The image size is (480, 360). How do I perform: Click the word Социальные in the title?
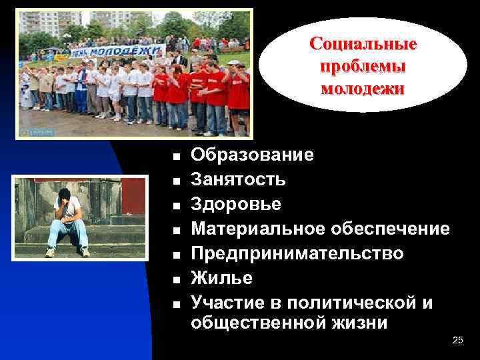(363, 45)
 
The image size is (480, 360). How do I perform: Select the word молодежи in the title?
(363, 88)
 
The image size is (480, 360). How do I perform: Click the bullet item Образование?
(252, 156)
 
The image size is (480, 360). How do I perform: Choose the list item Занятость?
(239, 180)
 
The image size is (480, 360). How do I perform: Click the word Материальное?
(257, 229)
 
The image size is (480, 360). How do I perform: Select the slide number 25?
(457, 341)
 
